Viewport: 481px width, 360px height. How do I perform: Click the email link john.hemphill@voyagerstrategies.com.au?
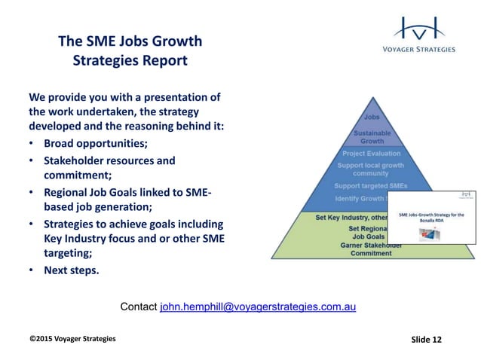[258, 307]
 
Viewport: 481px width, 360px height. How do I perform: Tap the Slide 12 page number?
[427, 339]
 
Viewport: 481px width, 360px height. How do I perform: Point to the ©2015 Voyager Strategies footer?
[72, 339]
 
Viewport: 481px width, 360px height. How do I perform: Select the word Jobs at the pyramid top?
[372, 117]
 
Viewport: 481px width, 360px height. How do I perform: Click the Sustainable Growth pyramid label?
[372, 137]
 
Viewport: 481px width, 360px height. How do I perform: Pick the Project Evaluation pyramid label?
[371, 153]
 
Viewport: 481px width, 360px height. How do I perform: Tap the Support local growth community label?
[371, 169]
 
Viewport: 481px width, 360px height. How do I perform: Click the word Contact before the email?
[139, 307]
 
